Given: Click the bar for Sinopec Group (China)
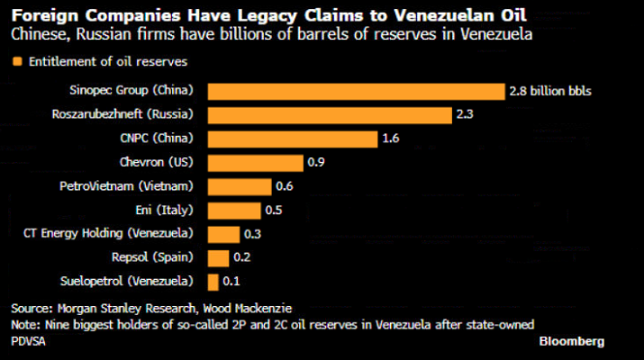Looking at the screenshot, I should click(356, 91).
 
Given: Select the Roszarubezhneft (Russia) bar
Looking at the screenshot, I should click(330, 115).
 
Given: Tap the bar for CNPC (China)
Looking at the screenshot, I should click(293, 139).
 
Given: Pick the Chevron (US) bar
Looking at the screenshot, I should click(256, 163).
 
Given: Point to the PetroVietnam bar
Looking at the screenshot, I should click(240, 186).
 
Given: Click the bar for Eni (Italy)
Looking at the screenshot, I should click(234, 211).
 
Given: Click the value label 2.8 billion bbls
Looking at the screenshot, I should click(550, 91).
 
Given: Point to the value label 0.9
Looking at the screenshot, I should click(316, 163).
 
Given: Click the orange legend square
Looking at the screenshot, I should click(16, 62).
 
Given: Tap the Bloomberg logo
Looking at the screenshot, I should click(572, 342).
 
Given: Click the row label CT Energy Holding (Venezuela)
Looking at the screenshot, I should click(113, 234).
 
